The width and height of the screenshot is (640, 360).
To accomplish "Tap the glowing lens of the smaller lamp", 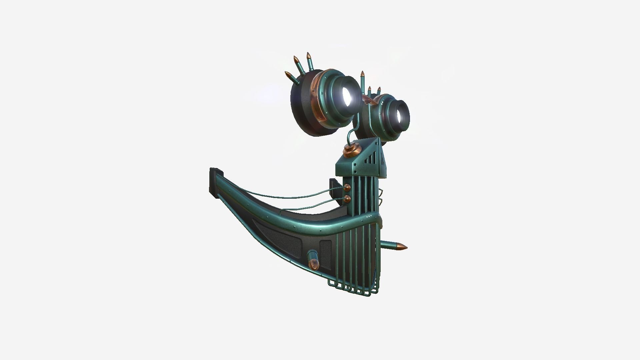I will (x=401, y=115).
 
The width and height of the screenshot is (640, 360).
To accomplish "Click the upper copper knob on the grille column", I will (x=348, y=187).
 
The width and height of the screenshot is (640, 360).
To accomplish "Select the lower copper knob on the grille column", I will (x=348, y=199).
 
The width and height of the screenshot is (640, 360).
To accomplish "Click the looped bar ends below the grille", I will (x=353, y=289).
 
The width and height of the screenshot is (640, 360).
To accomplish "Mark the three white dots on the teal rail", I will (x=369, y=217).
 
